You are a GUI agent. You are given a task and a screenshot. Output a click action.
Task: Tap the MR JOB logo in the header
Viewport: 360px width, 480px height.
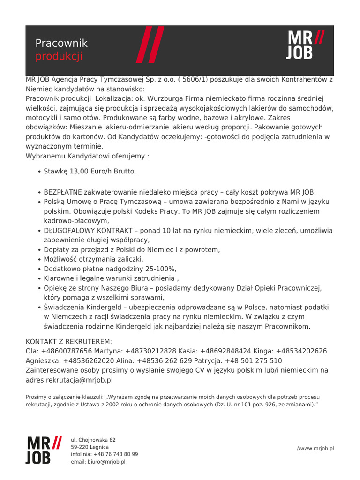click(305, 45)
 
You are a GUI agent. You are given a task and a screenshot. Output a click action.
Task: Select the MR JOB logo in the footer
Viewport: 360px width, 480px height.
click(43, 450)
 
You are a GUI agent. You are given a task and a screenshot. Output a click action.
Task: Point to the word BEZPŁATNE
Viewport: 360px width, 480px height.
click(63, 192)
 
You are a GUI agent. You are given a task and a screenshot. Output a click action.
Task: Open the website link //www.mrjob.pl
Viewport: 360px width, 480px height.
click(315, 449)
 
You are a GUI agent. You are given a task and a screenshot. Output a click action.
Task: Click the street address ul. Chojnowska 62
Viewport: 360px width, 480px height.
click(93, 440)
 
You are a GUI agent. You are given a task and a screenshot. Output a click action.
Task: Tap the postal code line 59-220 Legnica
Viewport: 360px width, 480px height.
click(90, 447)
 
